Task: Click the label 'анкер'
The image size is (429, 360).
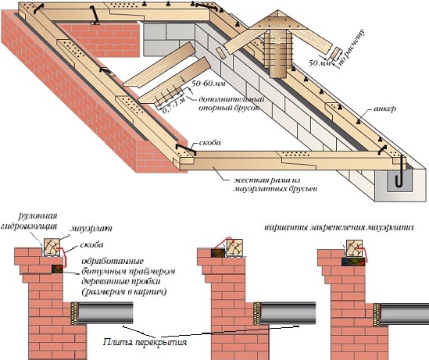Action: (384, 109)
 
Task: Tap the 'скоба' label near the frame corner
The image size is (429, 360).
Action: (210, 143)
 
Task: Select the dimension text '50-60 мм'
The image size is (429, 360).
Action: (209, 84)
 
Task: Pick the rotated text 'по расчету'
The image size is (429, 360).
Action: (352, 48)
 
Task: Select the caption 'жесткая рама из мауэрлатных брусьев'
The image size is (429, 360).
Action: (275, 184)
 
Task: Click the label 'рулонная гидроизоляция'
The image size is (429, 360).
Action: (30, 221)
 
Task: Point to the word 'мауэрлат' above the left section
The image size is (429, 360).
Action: (91, 228)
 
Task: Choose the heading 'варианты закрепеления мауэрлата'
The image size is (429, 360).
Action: (339, 227)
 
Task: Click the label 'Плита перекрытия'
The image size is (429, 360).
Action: (145, 342)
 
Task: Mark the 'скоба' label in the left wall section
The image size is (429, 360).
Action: (91, 244)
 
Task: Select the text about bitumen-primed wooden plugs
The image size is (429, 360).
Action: (128, 276)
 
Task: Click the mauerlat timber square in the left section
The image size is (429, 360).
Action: (52, 248)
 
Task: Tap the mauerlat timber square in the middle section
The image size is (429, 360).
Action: (234, 248)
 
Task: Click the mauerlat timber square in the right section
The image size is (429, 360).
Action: (354, 248)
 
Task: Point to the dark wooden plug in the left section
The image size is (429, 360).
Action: (57, 269)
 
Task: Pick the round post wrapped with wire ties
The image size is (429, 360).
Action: (277, 54)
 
